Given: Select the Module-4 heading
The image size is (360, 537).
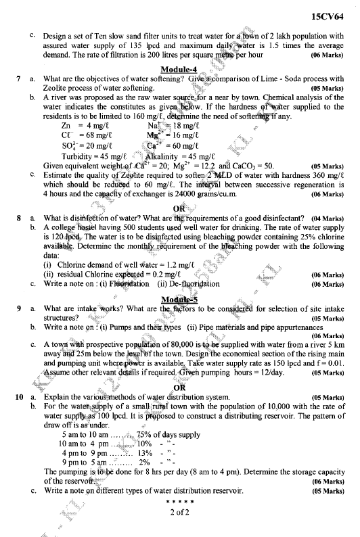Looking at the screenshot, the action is click(x=179, y=69).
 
